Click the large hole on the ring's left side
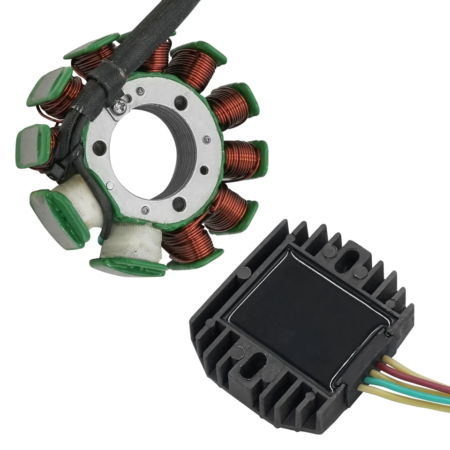[99, 149]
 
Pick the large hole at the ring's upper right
[180, 102]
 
